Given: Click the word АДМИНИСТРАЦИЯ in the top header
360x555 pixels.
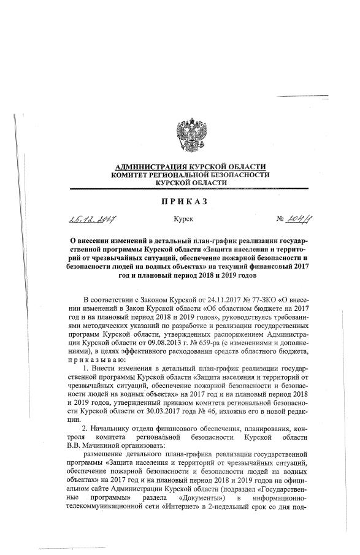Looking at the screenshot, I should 150,167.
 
